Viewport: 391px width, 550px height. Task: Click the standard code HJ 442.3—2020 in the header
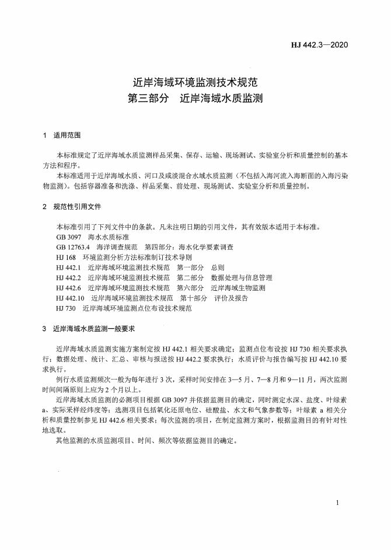point(320,44)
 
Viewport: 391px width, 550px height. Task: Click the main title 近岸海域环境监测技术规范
point(195,82)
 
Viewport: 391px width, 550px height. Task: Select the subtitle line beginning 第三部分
point(195,99)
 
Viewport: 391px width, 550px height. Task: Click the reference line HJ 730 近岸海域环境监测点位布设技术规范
point(124,308)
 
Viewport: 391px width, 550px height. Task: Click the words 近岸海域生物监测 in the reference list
point(238,287)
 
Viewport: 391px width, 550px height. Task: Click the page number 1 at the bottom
point(338,503)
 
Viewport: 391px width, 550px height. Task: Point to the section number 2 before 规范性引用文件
point(45,207)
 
